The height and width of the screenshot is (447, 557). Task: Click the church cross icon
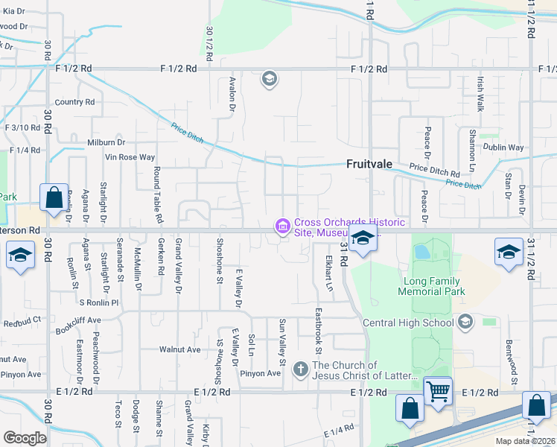[301, 369]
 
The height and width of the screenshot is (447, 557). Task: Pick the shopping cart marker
[438, 390]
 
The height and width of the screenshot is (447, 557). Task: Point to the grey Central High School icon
[466, 322]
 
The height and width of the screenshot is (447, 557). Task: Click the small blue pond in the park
[421, 251]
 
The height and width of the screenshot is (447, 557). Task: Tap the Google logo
[25, 437]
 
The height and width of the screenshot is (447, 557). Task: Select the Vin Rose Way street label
[130, 157]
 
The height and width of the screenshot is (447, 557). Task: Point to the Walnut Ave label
[180, 349]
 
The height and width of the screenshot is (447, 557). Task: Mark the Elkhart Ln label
[329, 275]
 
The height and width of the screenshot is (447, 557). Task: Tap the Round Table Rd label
[158, 195]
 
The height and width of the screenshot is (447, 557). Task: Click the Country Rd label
[74, 102]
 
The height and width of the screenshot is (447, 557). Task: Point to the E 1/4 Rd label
[339, 431]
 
